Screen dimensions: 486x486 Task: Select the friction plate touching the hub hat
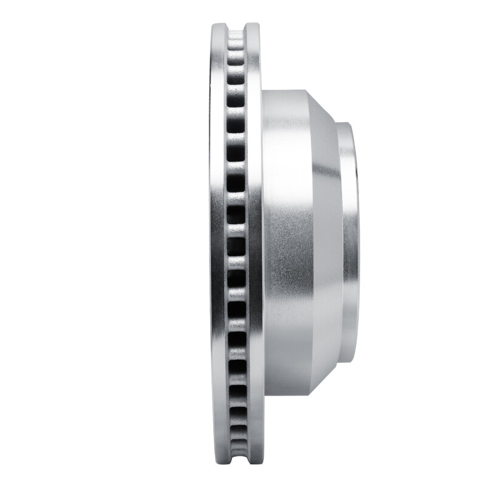255,243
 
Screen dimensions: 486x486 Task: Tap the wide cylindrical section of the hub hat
286,243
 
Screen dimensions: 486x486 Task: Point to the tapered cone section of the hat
325,243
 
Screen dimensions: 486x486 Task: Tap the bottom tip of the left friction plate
220,461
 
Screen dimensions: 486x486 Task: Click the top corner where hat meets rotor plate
262,91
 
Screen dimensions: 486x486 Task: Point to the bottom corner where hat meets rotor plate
262,395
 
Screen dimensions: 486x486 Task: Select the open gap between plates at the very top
236,27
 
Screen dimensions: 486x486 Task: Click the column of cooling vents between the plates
236,243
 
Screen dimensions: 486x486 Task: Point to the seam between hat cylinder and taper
310,243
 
